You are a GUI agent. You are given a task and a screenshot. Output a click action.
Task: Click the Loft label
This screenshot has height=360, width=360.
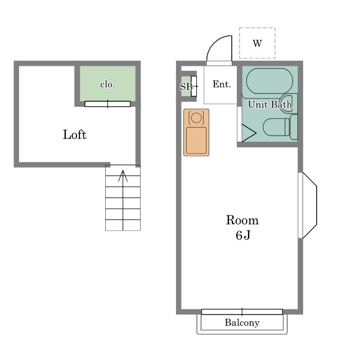pos(75,134)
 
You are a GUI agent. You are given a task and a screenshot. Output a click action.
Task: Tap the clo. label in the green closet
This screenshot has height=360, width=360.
pos(107,84)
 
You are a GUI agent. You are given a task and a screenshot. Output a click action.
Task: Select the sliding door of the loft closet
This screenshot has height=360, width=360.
pos(107,103)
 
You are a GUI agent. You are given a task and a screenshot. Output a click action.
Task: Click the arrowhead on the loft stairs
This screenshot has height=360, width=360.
pos(123,175)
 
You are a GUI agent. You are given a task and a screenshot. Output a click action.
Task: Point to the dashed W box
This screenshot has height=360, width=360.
pos(257,43)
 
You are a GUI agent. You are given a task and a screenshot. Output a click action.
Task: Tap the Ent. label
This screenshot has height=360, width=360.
pos(222,84)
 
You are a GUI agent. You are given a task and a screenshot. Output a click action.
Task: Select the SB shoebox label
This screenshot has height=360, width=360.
pos(186,87)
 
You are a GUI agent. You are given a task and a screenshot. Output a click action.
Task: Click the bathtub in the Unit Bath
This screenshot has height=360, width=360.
pos(269,81)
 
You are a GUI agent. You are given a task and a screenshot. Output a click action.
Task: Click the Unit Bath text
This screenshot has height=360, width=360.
pos(270,105)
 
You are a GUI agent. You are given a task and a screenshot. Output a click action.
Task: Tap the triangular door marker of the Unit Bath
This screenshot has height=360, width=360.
pos(249,133)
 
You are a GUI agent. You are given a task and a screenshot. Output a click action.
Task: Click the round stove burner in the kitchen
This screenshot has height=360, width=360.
pos(196,118)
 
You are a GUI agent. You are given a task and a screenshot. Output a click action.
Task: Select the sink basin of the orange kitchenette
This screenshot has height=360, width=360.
pos(196,141)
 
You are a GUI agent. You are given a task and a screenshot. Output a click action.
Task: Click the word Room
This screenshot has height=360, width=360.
pos(242,220)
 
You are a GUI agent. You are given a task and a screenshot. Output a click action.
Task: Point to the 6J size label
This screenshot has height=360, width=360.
pos(243,235)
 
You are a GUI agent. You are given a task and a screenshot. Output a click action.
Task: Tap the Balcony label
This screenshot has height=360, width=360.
pos(242,322)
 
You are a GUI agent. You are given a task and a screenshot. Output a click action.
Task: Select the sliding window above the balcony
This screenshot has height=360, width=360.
pos(242,312)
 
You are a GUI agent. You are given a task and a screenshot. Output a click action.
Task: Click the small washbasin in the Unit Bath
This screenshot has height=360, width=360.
pos(289,103)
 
